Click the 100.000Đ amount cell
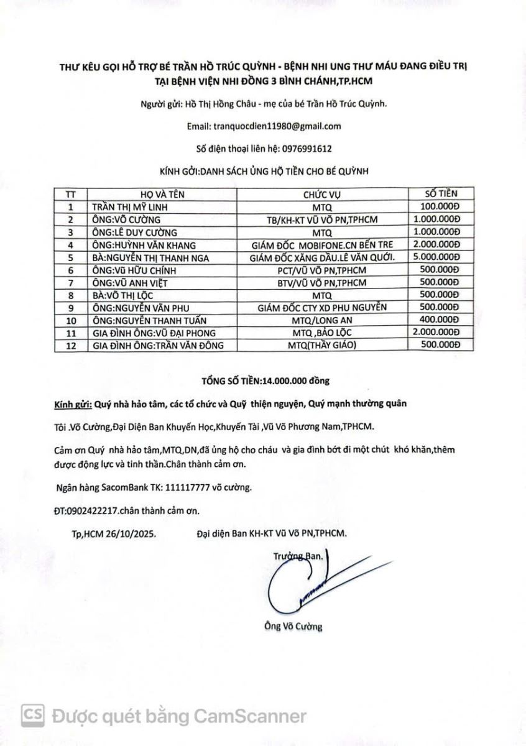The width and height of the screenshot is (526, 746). pyautogui.click(x=439, y=206)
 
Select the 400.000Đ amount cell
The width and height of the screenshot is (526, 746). pyautogui.click(x=439, y=320)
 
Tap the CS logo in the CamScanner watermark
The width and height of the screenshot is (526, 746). pyautogui.click(x=33, y=716)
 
